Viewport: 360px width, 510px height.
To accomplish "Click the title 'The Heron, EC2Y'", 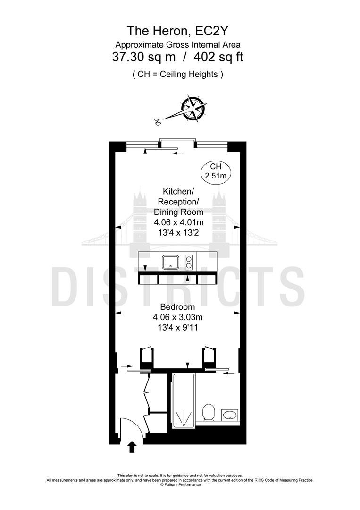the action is click(x=178, y=31).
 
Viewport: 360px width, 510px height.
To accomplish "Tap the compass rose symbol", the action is click(x=193, y=109).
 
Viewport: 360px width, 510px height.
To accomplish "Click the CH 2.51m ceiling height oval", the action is click(x=216, y=171).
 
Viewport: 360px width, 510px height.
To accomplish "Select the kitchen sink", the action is click(x=171, y=262).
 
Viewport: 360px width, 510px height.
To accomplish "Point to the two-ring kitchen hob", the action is click(x=188, y=262).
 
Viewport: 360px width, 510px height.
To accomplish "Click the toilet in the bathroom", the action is click(x=208, y=412).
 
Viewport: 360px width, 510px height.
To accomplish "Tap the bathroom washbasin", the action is click(x=230, y=415).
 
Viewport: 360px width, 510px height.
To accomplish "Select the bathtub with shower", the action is click(x=184, y=400).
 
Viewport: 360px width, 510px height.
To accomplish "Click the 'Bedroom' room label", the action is click(x=178, y=307).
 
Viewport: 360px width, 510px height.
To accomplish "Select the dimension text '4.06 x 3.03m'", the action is click(x=178, y=317).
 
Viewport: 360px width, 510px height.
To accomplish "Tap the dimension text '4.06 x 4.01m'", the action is click(x=179, y=222).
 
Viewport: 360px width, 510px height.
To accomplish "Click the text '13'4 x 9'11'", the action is click(x=178, y=327).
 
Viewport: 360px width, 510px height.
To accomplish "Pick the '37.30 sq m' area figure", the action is click(x=144, y=57).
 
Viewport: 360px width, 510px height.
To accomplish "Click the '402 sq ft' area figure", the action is click(x=218, y=57).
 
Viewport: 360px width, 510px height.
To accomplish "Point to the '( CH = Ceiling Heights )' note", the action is click(x=178, y=74).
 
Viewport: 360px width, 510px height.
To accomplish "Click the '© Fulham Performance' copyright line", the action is click(x=180, y=484).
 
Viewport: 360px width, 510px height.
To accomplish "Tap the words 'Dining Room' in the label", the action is click(x=179, y=212).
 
